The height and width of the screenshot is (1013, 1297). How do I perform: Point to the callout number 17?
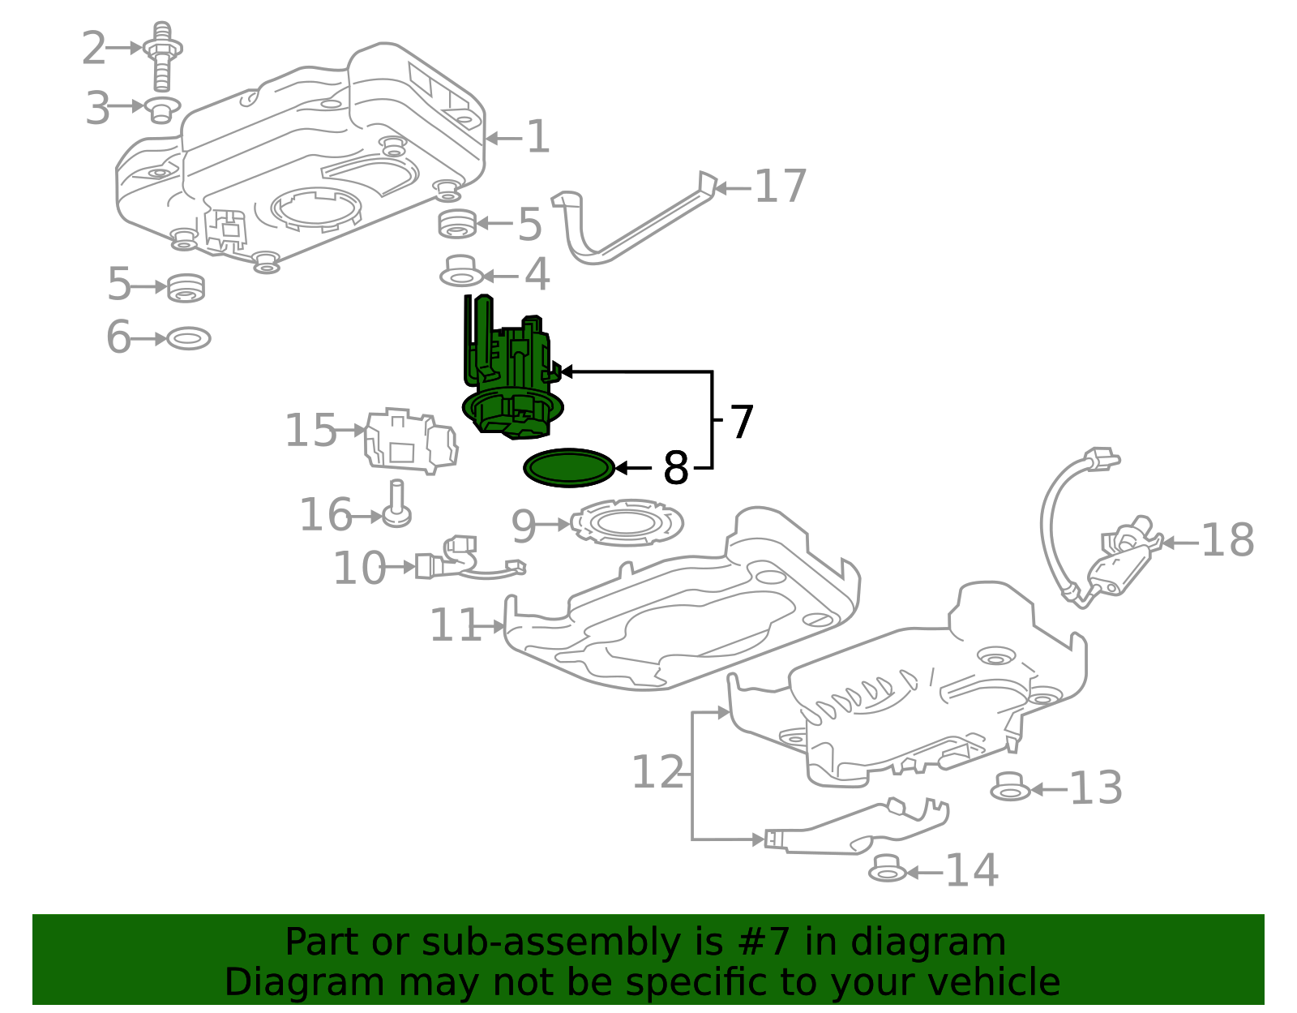[x=780, y=187]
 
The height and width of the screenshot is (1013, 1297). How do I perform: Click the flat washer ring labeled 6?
[x=189, y=338]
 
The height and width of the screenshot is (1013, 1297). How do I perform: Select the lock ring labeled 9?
[x=627, y=522]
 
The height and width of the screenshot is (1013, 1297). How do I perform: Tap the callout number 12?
[x=657, y=772]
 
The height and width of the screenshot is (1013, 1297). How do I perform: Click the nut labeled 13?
[x=1010, y=787]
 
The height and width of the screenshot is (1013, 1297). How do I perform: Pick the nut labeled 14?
[x=887, y=869]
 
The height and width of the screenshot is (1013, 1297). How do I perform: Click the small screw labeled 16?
[x=397, y=504]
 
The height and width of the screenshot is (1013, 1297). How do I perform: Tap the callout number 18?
[x=1227, y=540]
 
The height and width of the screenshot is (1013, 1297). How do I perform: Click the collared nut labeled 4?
[x=462, y=272]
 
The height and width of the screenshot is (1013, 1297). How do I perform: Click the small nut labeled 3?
[x=162, y=109]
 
